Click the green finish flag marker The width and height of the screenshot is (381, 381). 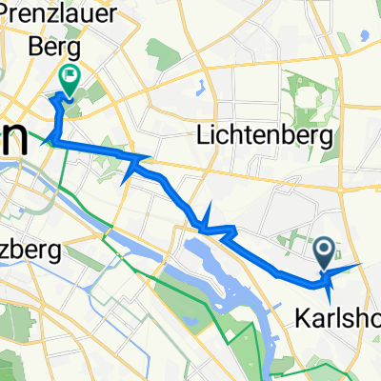click(x=69, y=77)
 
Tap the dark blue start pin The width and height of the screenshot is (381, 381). click(x=324, y=251)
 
